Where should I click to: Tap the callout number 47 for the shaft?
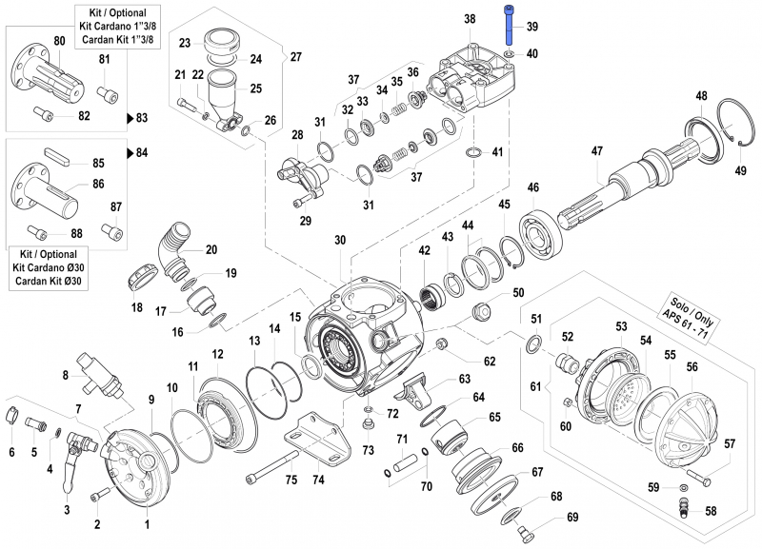point(597,151)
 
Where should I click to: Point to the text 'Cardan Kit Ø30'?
point(50,283)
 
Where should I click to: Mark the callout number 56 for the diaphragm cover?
point(692,366)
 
